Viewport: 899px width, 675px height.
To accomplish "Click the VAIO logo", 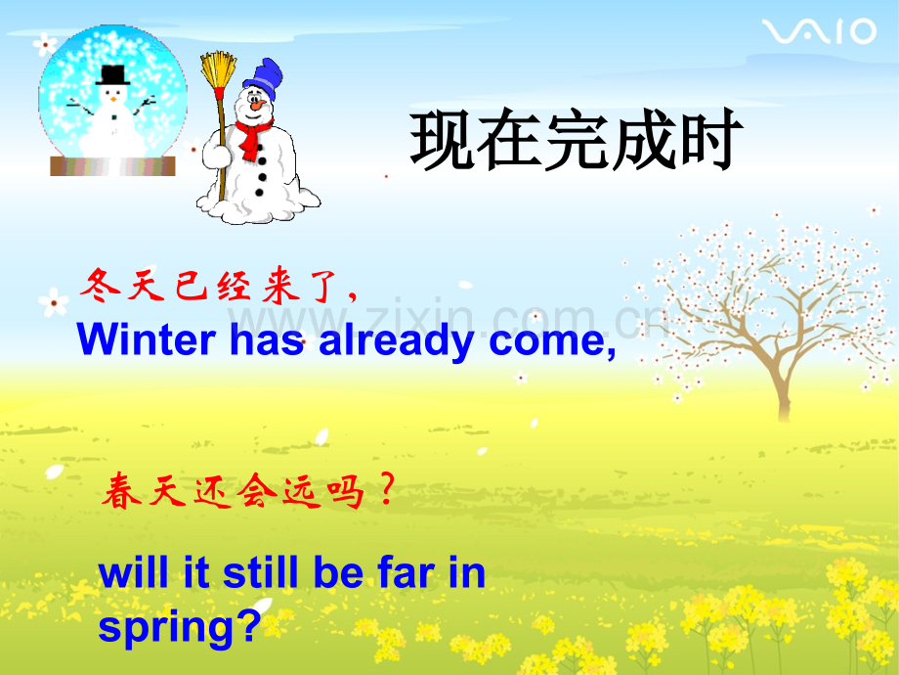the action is coord(819,31).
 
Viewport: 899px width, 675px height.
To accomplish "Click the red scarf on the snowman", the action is coord(252,138).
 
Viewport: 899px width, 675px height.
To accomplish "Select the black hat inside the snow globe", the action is coord(112,75).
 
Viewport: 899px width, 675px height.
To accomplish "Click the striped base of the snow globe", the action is coord(113,166).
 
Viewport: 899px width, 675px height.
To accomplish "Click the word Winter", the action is coord(147,338).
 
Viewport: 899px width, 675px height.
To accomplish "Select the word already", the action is coord(396,342).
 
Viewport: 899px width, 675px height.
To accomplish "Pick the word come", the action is coord(552,342).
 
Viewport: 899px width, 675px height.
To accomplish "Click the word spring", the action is coord(180,627).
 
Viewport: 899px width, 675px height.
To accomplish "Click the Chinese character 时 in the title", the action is coord(710,139).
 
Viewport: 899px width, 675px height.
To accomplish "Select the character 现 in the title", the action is coord(442,140).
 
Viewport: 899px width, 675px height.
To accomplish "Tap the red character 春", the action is coord(121,491).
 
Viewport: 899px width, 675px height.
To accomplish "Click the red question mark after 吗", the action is coord(388,488).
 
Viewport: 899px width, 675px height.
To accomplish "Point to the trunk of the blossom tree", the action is coord(782,389).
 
